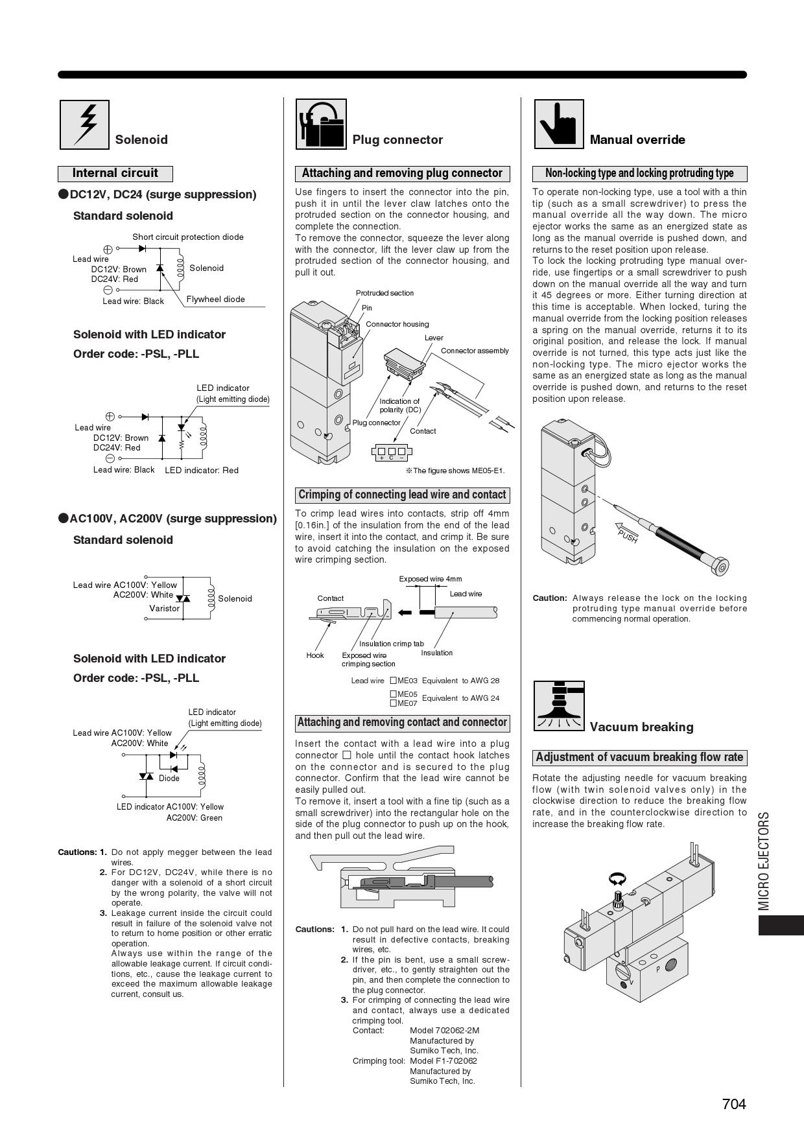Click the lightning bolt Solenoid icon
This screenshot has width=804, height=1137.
(x=84, y=124)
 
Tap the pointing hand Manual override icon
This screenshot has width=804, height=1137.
(x=559, y=124)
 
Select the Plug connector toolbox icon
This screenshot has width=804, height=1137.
(x=321, y=124)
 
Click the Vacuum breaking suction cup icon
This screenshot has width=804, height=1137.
(x=559, y=705)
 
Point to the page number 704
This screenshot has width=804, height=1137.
(x=734, y=1104)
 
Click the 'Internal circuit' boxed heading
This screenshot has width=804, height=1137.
(x=115, y=173)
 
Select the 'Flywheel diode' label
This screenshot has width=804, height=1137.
(x=215, y=299)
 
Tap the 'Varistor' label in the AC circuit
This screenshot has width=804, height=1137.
(x=164, y=608)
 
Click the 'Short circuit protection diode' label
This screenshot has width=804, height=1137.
(x=188, y=237)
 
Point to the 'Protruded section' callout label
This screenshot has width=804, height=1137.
(x=384, y=293)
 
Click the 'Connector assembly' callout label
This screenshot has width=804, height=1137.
(x=475, y=351)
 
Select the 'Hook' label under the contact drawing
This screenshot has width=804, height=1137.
(x=315, y=655)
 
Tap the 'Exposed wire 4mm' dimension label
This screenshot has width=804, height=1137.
(x=430, y=579)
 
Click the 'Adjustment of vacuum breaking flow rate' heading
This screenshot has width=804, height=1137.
(x=639, y=757)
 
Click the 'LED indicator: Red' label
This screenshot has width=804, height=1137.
(x=202, y=470)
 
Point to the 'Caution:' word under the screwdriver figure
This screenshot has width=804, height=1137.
(x=550, y=598)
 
